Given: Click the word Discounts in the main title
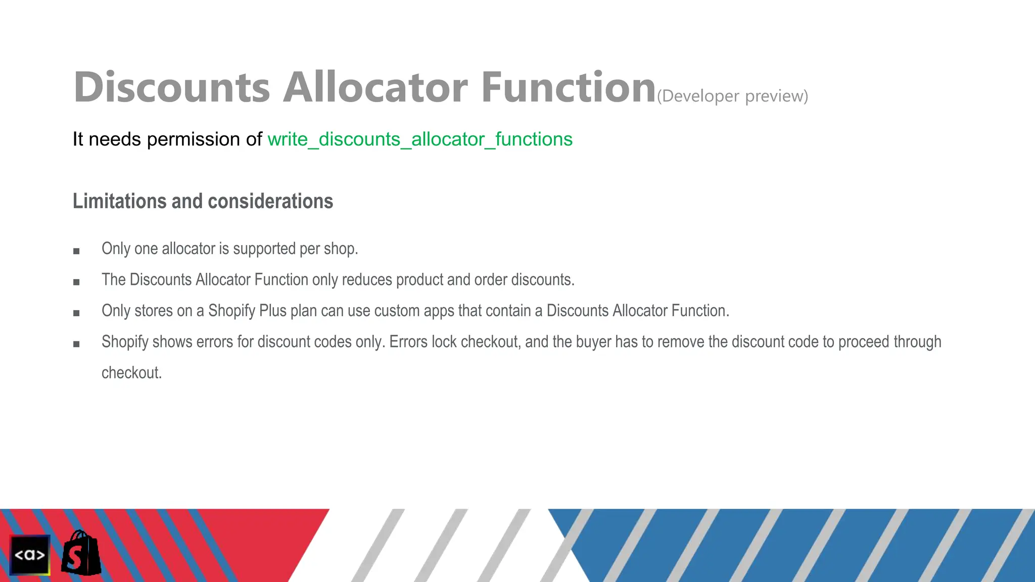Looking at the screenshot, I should coord(172,87).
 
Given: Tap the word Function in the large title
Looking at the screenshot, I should coord(568,87).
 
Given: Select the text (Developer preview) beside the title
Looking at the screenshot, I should coord(732,96).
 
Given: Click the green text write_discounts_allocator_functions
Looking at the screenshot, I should coord(420,139).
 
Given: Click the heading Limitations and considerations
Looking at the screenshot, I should coord(203,201).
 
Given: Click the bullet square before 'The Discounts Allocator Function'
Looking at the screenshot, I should coord(76,282).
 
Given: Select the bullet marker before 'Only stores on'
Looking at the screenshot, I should coord(76,313).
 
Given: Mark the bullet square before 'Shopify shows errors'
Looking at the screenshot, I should coord(76,345).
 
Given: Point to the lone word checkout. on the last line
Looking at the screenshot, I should coord(131,373).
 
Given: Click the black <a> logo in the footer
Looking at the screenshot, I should coord(30,555).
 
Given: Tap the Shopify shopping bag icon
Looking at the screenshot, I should coord(81,553).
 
